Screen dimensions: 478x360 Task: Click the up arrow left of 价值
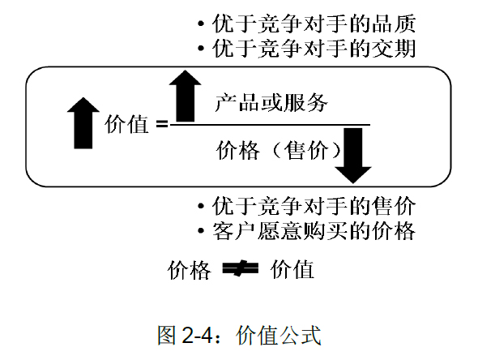(x=83, y=123)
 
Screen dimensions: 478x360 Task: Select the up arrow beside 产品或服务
(x=185, y=96)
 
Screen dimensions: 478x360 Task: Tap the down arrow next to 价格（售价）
(x=353, y=156)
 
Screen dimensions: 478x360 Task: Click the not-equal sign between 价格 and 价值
(x=241, y=268)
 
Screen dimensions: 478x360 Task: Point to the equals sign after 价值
(x=162, y=124)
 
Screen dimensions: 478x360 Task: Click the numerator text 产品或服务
(x=271, y=103)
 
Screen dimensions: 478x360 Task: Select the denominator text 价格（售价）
(x=278, y=150)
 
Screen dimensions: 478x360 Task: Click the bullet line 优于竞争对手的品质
(x=307, y=24)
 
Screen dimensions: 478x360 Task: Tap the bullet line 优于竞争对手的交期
(x=307, y=48)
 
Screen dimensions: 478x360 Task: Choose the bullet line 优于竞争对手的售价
(x=307, y=206)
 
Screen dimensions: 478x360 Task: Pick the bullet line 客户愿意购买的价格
(x=307, y=230)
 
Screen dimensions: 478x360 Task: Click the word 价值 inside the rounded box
(x=127, y=125)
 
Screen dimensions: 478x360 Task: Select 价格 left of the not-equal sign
(x=190, y=270)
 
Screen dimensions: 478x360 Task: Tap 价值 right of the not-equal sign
(x=292, y=269)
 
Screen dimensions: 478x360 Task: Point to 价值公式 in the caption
(x=279, y=336)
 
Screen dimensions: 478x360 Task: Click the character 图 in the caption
(x=167, y=336)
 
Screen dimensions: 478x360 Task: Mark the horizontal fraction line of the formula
(x=270, y=125)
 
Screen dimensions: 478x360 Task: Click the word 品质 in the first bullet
(x=394, y=24)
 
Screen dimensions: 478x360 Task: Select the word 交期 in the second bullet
(x=394, y=48)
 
